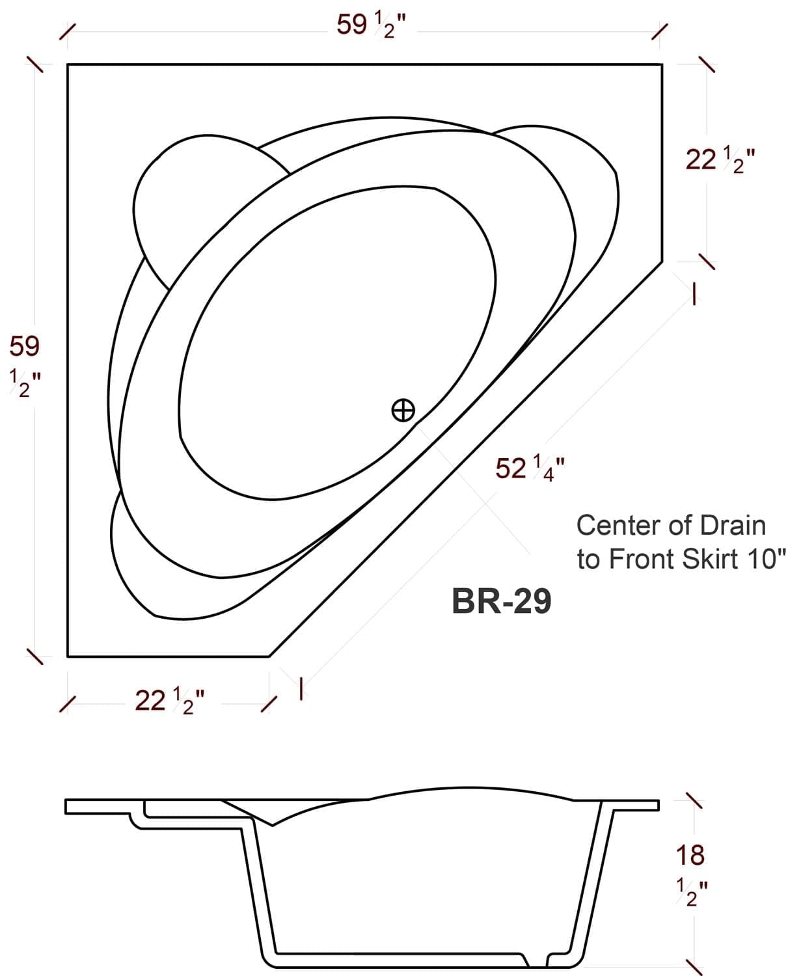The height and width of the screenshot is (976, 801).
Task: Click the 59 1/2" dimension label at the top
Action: [372, 26]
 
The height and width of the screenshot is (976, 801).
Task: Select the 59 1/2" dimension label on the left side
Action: [25, 366]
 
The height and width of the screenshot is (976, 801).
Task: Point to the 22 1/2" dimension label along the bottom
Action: [170, 701]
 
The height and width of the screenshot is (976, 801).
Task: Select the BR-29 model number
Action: [501, 601]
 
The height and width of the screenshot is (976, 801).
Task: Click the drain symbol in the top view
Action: [403, 410]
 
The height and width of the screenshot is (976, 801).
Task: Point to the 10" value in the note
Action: [767, 559]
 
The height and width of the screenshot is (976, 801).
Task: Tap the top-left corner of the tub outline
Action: [68, 64]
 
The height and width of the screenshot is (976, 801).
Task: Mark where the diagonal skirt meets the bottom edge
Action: [269, 657]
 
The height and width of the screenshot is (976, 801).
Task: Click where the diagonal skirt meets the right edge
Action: [662, 262]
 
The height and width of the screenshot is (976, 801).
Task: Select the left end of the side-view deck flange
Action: [66, 806]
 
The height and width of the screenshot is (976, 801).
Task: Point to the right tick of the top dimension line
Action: [660, 31]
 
